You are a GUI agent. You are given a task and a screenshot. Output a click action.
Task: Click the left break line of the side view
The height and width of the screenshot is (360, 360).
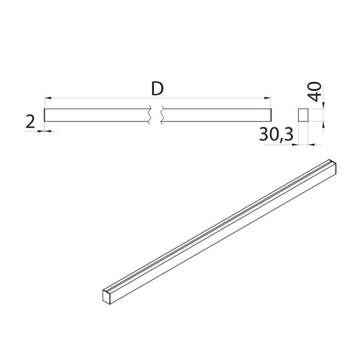point(149,114)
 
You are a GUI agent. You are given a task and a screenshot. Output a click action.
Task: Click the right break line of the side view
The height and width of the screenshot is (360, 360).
point(163,114)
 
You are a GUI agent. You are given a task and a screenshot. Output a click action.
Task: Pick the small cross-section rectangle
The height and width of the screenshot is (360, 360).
point(303,115)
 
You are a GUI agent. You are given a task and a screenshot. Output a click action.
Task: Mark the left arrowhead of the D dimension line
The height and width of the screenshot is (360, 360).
point(48,96)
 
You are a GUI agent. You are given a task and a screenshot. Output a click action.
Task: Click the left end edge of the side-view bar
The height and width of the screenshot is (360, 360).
point(45,114)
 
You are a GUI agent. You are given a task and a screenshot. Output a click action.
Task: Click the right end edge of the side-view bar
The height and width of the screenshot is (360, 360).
point(272,114)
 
